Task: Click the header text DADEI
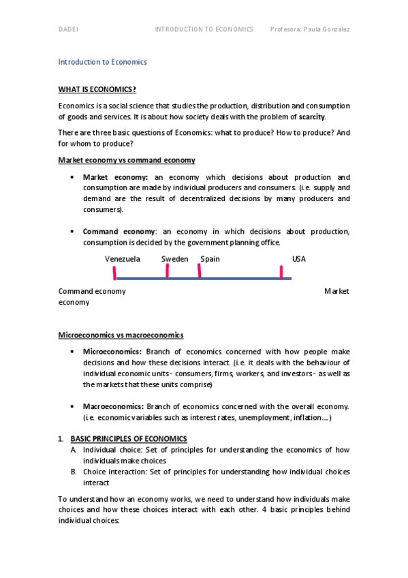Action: point(68,29)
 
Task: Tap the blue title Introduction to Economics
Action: point(102,62)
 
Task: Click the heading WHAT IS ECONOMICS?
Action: point(97,89)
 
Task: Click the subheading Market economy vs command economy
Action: point(127,160)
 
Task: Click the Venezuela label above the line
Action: point(123,259)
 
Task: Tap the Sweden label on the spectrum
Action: point(174,259)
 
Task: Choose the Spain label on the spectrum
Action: point(210,259)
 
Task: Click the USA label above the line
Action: point(299,259)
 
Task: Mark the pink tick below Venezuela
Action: point(114,273)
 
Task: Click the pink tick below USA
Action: point(281,273)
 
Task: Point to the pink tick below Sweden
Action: point(167,271)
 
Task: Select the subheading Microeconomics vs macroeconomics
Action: point(121,335)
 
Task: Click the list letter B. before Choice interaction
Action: point(73,471)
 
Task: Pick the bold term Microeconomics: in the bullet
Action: point(112,352)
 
